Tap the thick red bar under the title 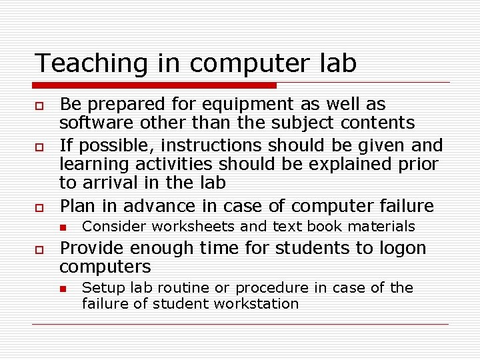click(x=155, y=85)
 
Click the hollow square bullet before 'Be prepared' click(x=39, y=105)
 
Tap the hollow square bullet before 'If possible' click(x=39, y=146)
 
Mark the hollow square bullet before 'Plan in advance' click(x=39, y=207)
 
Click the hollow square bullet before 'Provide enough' click(x=39, y=249)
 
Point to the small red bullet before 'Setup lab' click(x=63, y=289)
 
